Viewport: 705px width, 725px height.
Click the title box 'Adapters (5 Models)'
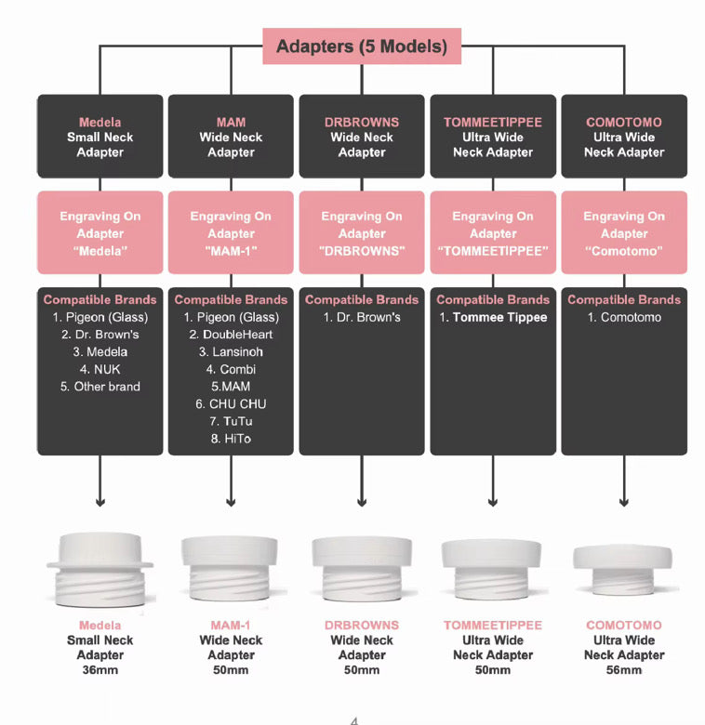(362, 46)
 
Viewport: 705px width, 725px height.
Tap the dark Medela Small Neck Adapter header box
(100, 137)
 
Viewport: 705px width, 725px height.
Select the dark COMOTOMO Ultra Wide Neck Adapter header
(624, 137)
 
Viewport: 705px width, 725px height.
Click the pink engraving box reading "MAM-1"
(231, 233)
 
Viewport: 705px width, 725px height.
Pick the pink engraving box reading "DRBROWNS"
(362, 233)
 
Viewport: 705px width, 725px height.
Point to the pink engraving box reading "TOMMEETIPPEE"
(493, 233)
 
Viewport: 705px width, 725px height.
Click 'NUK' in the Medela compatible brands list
(100, 369)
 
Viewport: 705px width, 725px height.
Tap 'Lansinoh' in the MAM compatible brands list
(231, 352)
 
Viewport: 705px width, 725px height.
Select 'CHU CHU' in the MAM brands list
(231, 403)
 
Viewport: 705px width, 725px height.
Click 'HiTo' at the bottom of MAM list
(231, 438)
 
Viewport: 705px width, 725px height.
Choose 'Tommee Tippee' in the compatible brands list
(493, 318)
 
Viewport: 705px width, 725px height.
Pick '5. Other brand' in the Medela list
(100, 387)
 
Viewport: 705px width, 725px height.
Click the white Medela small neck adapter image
(100, 568)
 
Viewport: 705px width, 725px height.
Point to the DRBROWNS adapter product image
(362, 569)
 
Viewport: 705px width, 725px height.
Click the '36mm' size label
(100, 670)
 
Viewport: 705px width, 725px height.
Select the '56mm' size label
(624, 670)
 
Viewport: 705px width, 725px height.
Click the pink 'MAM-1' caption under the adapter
(231, 626)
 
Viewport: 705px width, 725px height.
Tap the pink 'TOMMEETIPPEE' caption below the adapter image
(493, 626)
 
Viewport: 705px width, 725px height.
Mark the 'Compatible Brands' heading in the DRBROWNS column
(362, 300)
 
